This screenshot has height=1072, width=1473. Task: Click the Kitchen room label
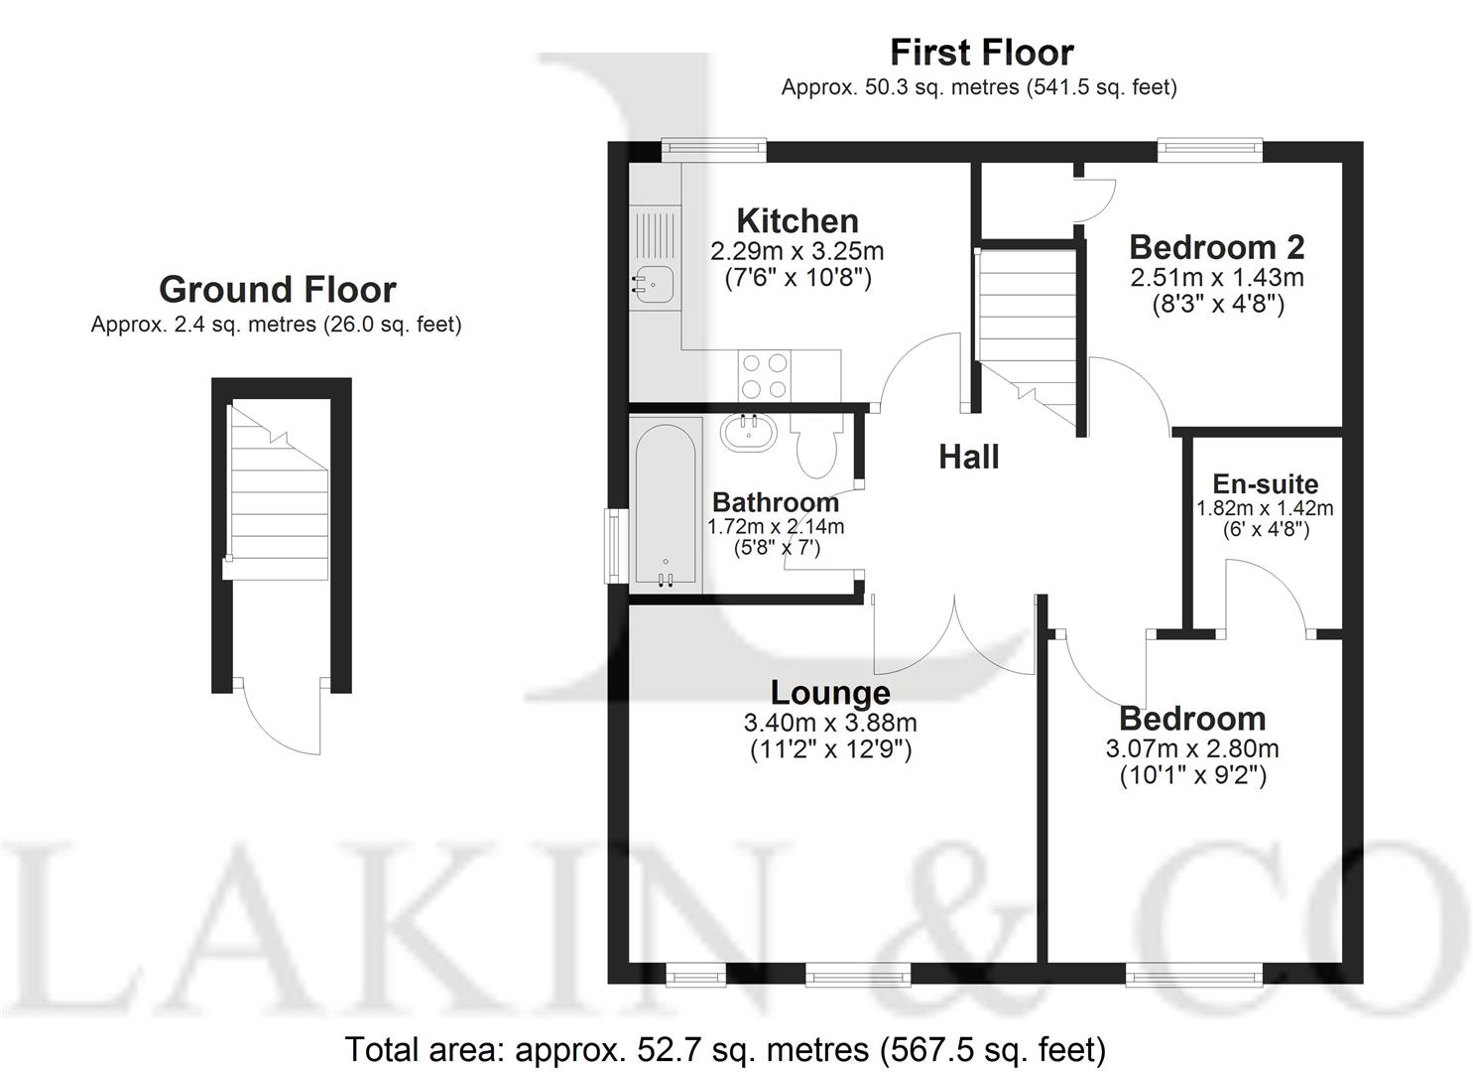click(797, 220)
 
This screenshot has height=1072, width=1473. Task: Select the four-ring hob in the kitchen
click(765, 376)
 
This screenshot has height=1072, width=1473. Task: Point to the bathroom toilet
click(816, 447)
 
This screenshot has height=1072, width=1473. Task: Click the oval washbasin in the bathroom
click(749, 431)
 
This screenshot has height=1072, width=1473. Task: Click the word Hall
click(968, 457)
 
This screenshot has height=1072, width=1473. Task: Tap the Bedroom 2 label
click(1216, 246)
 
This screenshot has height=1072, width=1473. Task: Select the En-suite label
click(1265, 484)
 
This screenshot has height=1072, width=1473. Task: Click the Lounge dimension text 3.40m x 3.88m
click(830, 723)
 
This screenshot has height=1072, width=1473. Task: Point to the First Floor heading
click(981, 52)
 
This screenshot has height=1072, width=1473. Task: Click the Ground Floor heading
click(277, 290)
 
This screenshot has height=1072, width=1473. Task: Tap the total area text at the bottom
click(724, 1048)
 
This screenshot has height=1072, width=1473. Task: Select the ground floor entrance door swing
click(281, 717)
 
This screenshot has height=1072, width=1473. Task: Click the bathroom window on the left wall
click(616, 545)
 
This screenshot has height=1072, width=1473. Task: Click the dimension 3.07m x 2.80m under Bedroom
click(1191, 748)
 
